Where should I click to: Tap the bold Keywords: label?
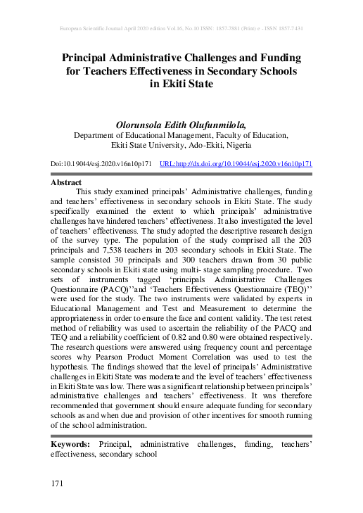pos(70,445)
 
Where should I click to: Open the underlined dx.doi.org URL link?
pos(236,163)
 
